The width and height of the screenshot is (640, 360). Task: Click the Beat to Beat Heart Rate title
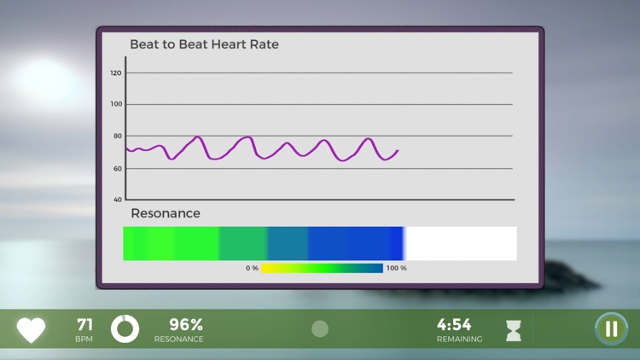point(204,44)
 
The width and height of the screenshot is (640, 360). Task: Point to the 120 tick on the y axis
point(116,73)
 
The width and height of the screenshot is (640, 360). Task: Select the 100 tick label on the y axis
point(116,105)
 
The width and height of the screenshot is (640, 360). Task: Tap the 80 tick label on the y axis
point(117,136)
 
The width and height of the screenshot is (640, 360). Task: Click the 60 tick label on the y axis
point(117,168)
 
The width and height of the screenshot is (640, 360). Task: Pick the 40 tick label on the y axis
point(117,200)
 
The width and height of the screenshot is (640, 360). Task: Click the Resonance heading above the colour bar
point(166,213)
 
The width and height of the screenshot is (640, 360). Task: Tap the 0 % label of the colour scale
point(252,268)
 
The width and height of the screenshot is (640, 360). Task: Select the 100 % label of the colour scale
point(397,268)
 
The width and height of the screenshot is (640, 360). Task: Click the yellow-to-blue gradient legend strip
point(322,268)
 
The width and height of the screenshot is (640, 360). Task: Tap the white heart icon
point(32,329)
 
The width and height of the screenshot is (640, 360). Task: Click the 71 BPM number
point(84,325)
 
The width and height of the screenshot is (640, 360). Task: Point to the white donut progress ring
point(125,329)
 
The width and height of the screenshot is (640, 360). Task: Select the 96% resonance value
point(185,325)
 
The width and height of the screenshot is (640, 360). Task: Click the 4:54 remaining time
point(454,325)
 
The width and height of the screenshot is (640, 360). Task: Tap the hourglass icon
point(514,331)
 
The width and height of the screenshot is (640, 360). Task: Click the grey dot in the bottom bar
point(320,329)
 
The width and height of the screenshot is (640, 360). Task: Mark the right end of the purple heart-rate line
point(398,151)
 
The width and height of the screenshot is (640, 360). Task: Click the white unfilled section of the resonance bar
point(460,243)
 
